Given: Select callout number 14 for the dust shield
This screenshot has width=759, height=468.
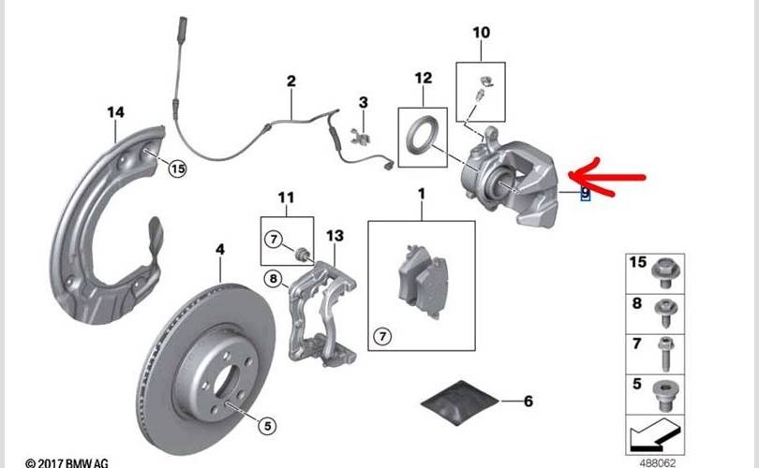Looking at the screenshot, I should coord(114,113).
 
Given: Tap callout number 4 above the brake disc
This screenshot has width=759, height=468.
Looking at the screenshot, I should coord(220,250).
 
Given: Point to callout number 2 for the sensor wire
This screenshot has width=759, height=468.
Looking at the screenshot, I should coord(291,82).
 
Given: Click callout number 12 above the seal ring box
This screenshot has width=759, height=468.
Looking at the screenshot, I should coord(423,78).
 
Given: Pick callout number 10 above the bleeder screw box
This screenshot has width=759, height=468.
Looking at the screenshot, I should coord(481,34).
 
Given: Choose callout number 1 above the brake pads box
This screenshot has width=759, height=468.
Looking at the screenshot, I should coord(421,194).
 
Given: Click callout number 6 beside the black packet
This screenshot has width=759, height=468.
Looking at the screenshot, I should coord(528,402).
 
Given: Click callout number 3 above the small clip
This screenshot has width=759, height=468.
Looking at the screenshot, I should coord(364,102).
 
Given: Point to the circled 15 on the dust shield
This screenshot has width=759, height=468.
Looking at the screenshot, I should coord(178,168).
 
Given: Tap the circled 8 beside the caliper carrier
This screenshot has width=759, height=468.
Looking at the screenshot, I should coord(273,277).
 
